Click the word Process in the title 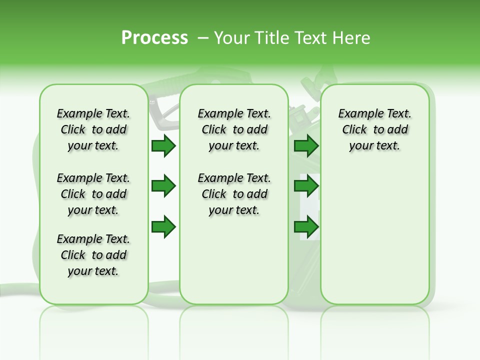(154, 38)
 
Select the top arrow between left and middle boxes (163, 146)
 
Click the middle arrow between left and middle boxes (163, 186)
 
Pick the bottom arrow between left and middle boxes (163, 227)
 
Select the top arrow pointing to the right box (306, 146)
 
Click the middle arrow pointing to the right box (306, 186)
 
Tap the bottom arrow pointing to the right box (306, 227)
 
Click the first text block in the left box (93, 129)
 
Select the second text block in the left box (93, 194)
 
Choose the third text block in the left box (93, 255)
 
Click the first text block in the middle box (234, 129)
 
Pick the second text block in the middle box (234, 194)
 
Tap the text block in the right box (375, 129)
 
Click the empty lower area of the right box (375, 240)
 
